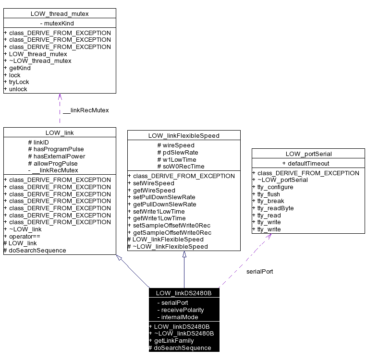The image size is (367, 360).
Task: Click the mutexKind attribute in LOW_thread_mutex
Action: coord(60,23)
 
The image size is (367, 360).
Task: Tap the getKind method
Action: coord(20,68)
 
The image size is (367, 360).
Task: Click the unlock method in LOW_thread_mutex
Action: coord(18,89)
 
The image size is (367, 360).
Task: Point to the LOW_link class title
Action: coord(60,132)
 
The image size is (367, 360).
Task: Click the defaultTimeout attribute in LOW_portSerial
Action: coord(306,163)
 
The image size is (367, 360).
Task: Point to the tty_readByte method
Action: coord(275,208)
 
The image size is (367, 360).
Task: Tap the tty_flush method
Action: coord(271,194)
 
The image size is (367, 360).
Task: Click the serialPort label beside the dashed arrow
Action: coord(259,271)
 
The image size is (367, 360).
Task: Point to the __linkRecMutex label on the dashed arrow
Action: coord(86,110)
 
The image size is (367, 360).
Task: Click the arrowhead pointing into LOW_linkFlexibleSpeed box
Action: coord(184,254)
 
